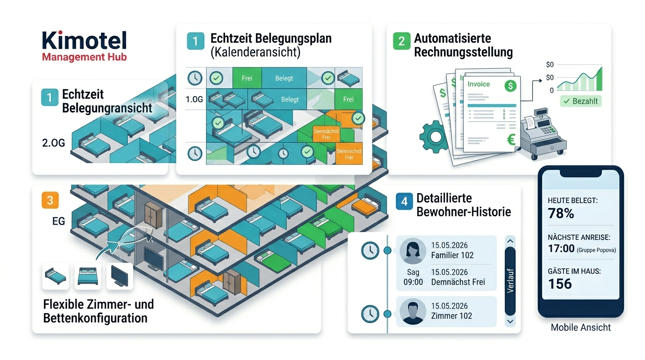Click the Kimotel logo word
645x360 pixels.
click(x=84, y=40)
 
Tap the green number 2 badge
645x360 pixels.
click(x=401, y=41)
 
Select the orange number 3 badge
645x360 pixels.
click(x=50, y=200)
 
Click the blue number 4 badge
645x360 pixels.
click(x=404, y=201)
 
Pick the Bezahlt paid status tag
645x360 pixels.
click(x=580, y=101)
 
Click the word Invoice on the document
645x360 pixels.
click(x=479, y=84)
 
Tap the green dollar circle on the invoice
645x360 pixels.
click(x=510, y=86)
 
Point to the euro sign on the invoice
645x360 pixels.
click(x=511, y=140)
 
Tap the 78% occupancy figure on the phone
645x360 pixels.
click(x=561, y=213)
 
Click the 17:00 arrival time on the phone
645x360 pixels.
click(x=561, y=248)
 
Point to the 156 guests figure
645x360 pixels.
click(x=560, y=284)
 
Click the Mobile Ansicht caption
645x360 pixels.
click(x=580, y=328)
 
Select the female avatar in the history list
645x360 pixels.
click(x=412, y=251)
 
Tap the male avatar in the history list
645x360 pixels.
click(x=412, y=312)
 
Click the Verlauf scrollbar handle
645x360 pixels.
click(x=510, y=281)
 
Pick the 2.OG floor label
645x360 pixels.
click(x=53, y=143)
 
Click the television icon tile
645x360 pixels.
click(x=120, y=276)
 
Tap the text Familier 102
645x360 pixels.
click(x=452, y=255)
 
